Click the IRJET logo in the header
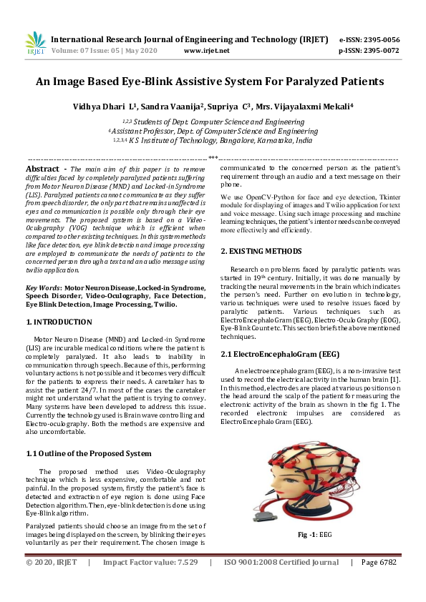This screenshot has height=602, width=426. pyautogui.click(x=35, y=44)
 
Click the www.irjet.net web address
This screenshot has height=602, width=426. pyautogui.click(x=206, y=51)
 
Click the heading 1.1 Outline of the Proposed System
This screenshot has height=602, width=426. pyautogui.click(x=88, y=453)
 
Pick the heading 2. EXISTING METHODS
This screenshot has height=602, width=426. pyautogui.click(x=261, y=251)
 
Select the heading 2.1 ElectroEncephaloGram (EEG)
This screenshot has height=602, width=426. pyautogui.click(x=280, y=354)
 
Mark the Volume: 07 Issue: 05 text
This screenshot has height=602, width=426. pyautogui.click(x=89, y=51)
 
